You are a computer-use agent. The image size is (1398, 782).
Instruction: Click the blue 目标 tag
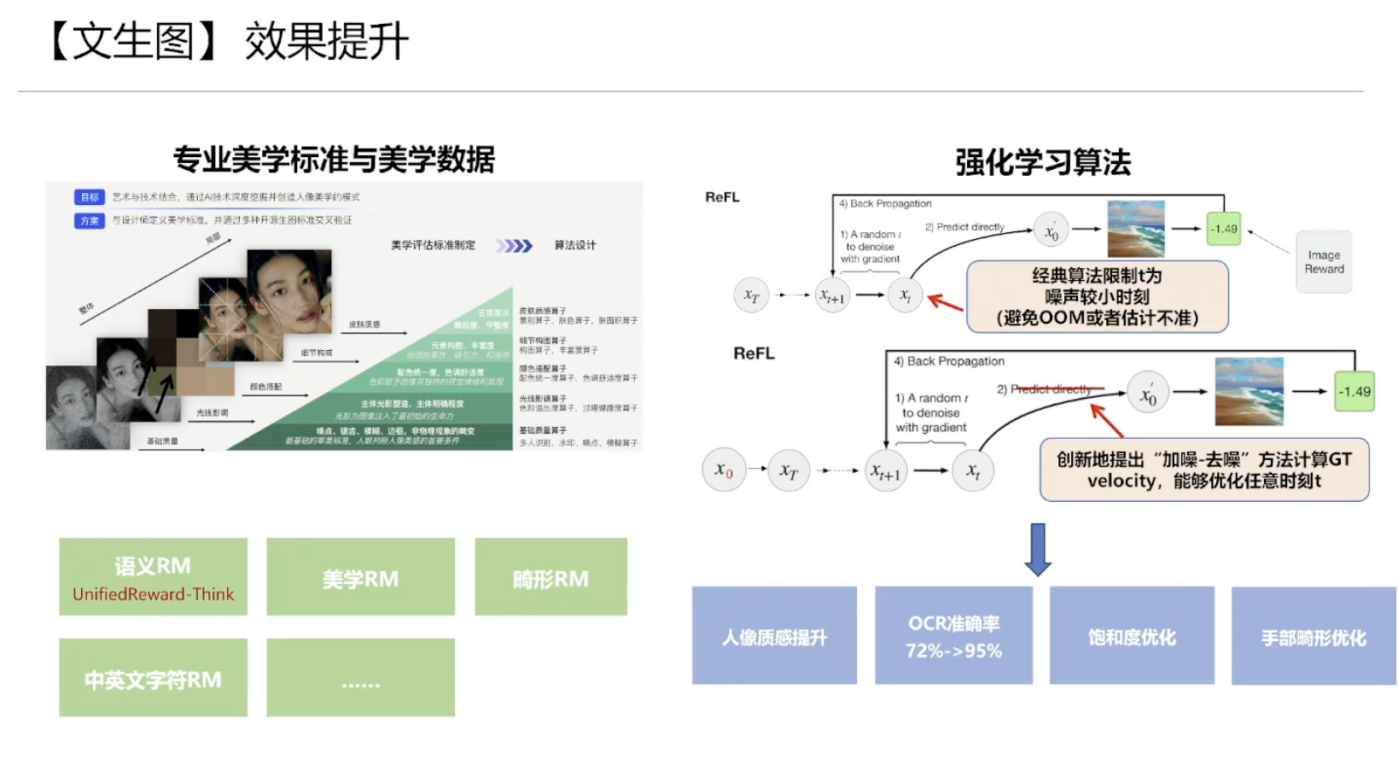pyautogui.click(x=89, y=197)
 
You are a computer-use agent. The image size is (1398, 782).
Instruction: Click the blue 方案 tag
pyautogui.click(x=89, y=220)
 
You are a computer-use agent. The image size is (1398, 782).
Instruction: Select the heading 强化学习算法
pyautogui.click(x=1043, y=162)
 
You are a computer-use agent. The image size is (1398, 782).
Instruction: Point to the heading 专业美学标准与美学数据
pyautogui.click(x=334, y=160)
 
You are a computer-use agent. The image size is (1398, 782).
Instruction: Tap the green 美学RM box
pyautogui.click(x=360, y=577)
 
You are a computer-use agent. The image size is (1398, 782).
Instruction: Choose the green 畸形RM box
pyautogui.click(x=550, y=577)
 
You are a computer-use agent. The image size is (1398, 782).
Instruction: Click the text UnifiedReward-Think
pyautogui.click(x=153, y=594)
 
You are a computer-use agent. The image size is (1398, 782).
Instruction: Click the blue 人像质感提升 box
pyautogui.click(x=774, y=636)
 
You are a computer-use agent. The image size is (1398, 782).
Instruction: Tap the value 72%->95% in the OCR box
pyautogui.click(x=953, y=651)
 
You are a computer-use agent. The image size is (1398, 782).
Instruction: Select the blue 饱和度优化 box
pyautogui.click(x=1132, y=636)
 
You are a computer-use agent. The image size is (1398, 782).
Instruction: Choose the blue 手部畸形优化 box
pyautogui.click(x=1314, y=636)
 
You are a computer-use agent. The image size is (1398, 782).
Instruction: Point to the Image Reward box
pyautogui.click(x=1324, y=262)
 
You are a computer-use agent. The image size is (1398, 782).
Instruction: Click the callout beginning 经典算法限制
pyautogui.click(x=1097, y=296)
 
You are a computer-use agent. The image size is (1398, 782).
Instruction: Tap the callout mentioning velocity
pyautogui.click(x=1203, y=470)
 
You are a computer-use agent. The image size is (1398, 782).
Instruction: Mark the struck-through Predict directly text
pyautogui.click(x=1051, y=389)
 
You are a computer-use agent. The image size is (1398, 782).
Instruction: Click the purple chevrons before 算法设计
pyautogui.click(x=515, y=246)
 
